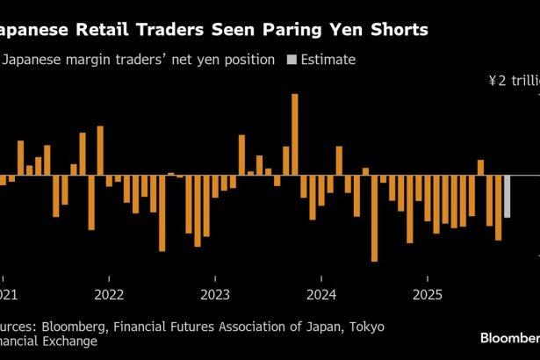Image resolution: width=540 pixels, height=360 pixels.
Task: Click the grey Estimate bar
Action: point(508,196)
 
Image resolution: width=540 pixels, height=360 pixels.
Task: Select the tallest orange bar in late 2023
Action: point(295,134)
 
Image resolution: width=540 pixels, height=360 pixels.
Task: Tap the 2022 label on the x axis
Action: point(108,294)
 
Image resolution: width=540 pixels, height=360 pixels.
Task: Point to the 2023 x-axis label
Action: point(215,294)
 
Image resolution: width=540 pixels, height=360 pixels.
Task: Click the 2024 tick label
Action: point(321,294)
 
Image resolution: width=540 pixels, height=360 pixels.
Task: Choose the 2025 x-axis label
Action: point(428,294)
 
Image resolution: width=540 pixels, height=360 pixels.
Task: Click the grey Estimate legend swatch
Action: point(292,61)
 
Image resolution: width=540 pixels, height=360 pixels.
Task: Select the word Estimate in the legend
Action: point(328,61)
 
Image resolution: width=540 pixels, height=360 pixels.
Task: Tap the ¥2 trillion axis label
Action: point(514,81)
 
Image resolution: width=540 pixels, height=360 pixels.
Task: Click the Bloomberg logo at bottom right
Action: point(509,337)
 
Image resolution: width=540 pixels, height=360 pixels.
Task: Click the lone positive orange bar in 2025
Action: point(480,168)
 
